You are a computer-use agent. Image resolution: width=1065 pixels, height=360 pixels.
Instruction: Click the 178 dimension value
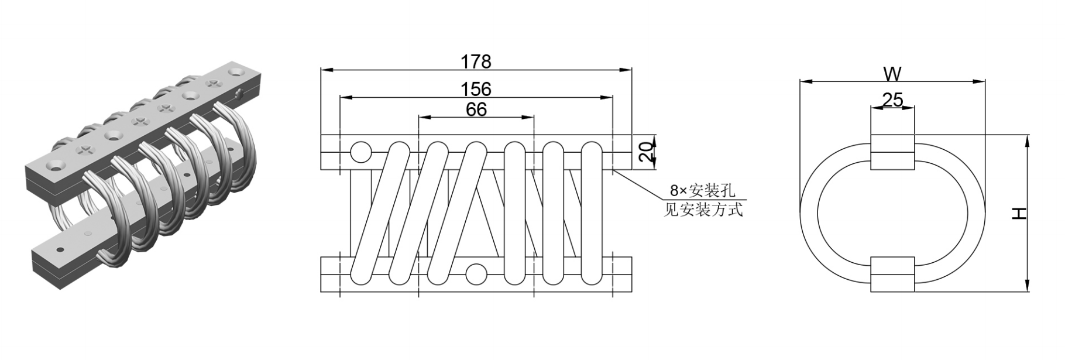click(476, 61)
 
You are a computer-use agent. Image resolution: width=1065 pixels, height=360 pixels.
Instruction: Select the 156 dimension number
click(476, 89)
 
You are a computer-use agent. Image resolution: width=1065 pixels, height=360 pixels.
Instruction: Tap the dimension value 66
click(476, 109)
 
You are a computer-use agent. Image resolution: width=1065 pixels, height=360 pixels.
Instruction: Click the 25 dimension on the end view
click(892, 100)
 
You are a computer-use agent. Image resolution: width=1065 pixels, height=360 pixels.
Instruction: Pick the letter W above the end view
click(892, 74)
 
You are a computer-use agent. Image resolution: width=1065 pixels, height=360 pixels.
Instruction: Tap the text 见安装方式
click(703, 209)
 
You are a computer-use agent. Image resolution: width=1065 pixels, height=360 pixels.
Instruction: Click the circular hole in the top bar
click(360, 152)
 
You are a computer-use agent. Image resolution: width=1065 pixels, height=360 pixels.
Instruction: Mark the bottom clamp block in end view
click(892, 274)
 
